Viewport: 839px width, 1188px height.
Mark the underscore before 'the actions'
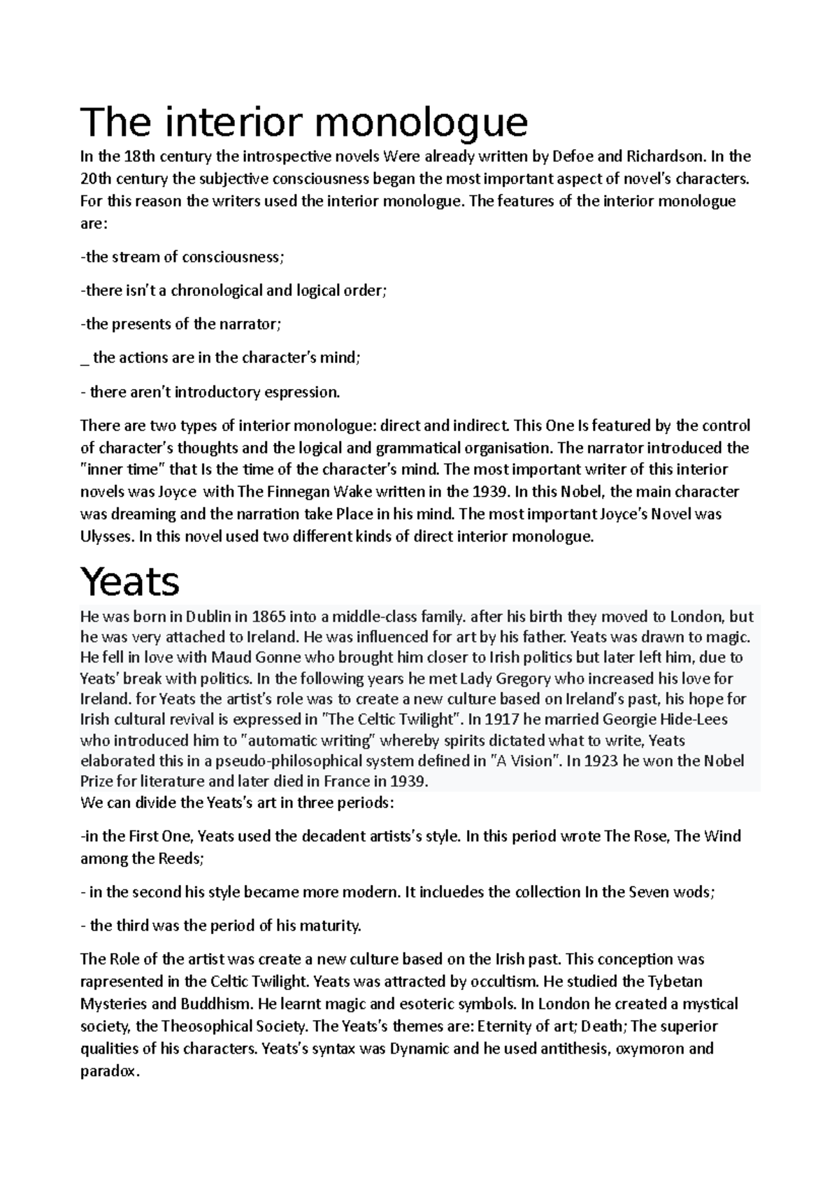[x=85, y=360]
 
